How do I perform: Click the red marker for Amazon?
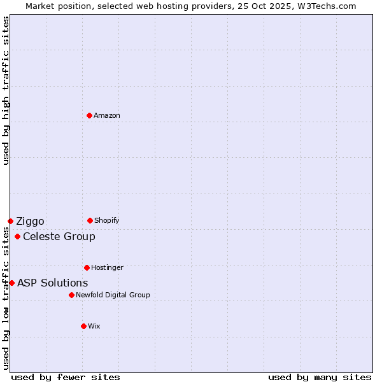[x=89, y=115]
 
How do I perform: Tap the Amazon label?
[x=107, y=116]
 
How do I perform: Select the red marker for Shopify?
[x=90, y=220]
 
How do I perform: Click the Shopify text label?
[x=107, y=221]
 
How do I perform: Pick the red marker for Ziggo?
[x=10, y=221]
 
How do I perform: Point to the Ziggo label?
[x=30, y=222]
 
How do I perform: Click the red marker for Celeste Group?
[x=17, y=237]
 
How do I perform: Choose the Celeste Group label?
[x=59, y=237]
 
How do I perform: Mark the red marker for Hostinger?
[x=87, y=267]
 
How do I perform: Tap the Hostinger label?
[x=107, y=268]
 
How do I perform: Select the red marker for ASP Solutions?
[x=11, y=283]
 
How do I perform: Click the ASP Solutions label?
[x=53, y=283]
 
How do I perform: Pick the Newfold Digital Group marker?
[x=71, y=295]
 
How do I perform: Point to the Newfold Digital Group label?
[x=113, y=295]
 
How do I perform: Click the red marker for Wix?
[x=83, y=326]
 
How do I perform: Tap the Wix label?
[x=94, y=327]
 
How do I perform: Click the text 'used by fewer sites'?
[x=66, y=377]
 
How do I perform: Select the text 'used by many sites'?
[x=320, y=377]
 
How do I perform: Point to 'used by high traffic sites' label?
[x=6, y=90]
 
